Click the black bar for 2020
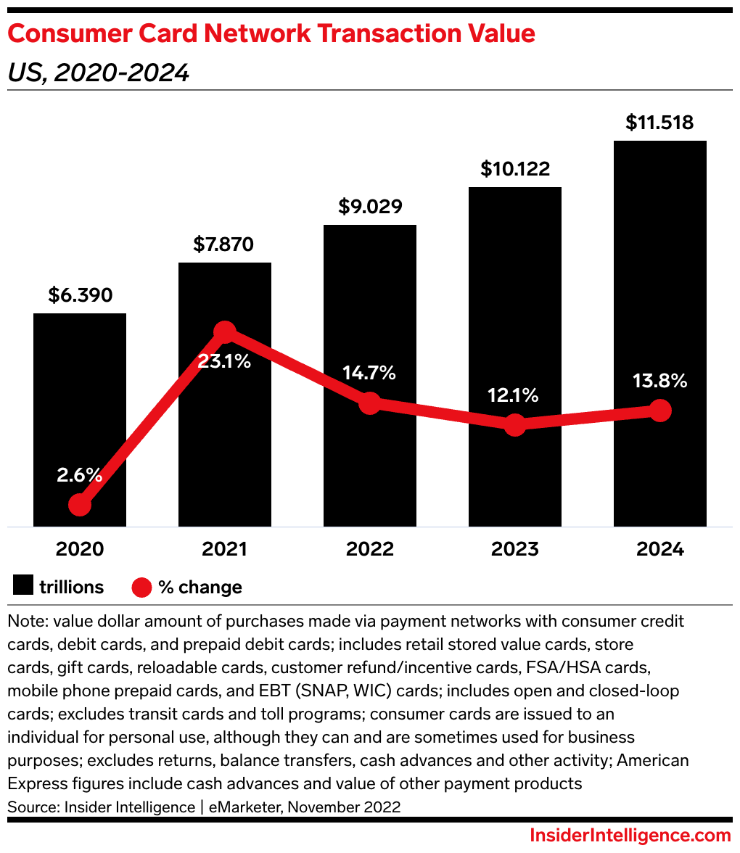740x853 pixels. (x=80, y=406)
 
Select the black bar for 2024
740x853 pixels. (x=659, y=290)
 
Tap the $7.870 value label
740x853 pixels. (x=223, y=244)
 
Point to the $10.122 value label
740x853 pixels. (x=515, y=169)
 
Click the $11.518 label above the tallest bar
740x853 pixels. (x=660, y=123)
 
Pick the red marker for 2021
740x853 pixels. (x=225, y=332)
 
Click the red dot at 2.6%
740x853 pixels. (x=80, y=505)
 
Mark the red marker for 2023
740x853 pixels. (x=515, y=425)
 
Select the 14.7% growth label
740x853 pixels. (x=370, y=373)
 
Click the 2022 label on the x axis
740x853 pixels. (x=370, y=549)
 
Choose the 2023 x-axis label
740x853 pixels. (x=515, y=549)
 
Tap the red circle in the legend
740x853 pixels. (x=141, y=586)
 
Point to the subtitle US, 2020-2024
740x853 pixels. (x=99, y=73)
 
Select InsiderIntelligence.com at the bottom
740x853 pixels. (x=630, y=835)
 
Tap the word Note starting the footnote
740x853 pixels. (x=26, y=622)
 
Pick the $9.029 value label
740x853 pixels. (x=370, y=207)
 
